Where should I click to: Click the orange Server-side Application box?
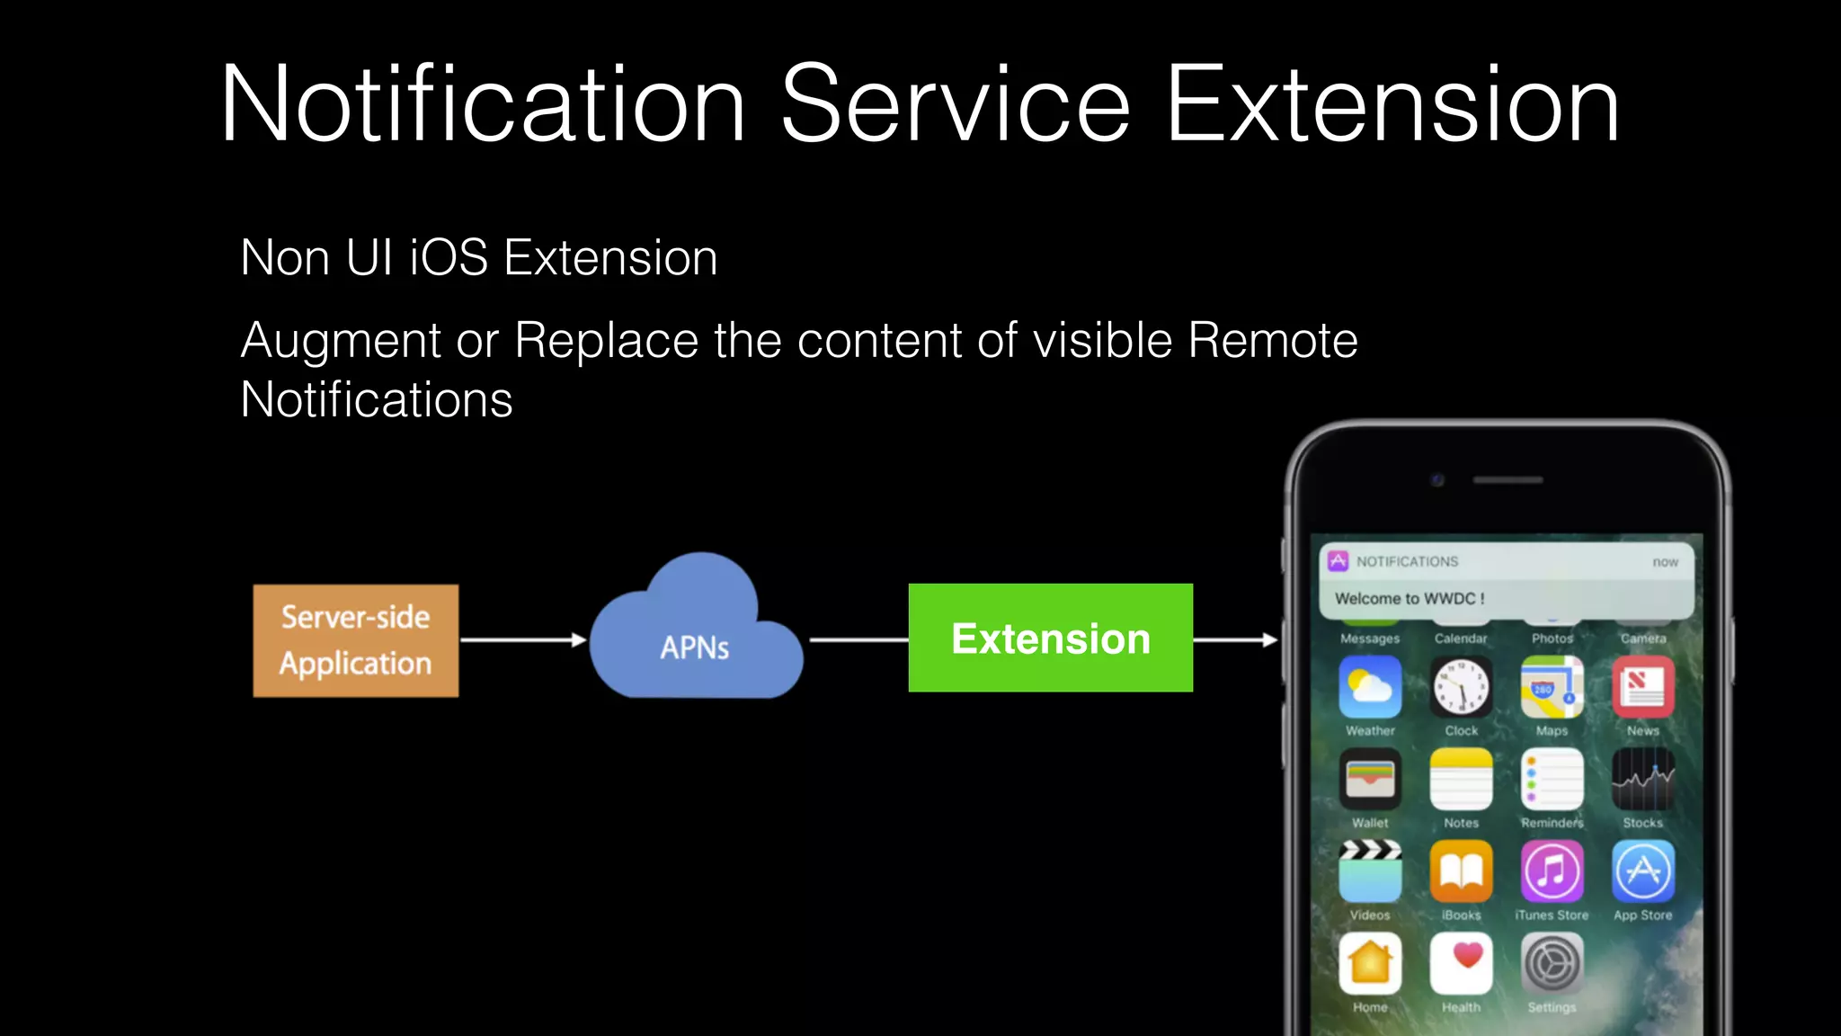(355, 640)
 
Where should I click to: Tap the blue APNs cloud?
(695, 639)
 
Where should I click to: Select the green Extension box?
(1050, 638)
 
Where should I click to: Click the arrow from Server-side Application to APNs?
(522, 640)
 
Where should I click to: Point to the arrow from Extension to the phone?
(1234, 640)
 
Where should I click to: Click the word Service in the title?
(955, 104)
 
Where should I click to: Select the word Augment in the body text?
(341, 341)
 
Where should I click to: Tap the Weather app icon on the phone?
(1370, 687)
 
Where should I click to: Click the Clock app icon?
(1461, 688)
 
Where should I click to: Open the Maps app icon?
(1552, 687)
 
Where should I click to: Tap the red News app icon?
(1642, 687)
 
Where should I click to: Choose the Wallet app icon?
(1370, 780)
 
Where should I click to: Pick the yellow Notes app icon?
(1461, 780)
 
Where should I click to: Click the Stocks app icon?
(1642, 780)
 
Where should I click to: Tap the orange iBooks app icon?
(1461, 871)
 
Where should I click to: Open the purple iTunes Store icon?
(1552, 871)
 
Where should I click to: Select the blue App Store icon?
(1642, 871)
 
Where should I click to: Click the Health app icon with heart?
(1461, 963)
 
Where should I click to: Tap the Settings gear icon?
(1552, 963)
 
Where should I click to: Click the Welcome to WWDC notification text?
(1410, 598)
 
